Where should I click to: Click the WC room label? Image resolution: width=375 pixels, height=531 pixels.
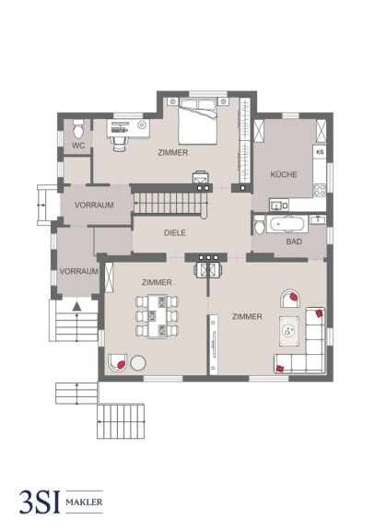(78, 146)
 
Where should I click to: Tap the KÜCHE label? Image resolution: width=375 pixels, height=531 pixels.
(284, 174)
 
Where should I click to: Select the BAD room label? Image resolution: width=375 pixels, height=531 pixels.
(294, 242)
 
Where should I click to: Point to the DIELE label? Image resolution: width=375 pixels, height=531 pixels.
(175, 232)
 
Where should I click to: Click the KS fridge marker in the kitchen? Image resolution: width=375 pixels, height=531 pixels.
(320, 152)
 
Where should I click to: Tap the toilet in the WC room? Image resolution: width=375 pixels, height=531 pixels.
(78, 129)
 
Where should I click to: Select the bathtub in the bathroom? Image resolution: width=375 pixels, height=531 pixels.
(287, 224)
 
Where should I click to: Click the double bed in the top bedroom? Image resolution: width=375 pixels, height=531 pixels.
(198, 122)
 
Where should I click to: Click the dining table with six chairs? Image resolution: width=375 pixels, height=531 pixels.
(158, 316)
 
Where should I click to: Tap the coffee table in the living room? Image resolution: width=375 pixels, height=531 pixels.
(289, 331)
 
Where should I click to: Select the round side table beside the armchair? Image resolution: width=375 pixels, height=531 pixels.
(138, 362)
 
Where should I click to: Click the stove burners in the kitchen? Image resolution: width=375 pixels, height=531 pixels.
(320, 190)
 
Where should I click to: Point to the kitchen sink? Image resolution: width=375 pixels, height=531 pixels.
(276, 206)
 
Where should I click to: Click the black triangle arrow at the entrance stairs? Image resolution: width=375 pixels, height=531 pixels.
(76, 306)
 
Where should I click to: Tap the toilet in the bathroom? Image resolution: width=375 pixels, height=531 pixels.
(260, 225)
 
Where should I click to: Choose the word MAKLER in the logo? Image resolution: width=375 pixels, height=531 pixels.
(84, 501)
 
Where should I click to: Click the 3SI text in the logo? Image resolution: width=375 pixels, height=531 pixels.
(40, 501)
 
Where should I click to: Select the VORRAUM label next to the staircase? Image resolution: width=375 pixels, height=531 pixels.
(94, 205)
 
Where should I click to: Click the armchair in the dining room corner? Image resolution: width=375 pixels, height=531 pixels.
(118, 363)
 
